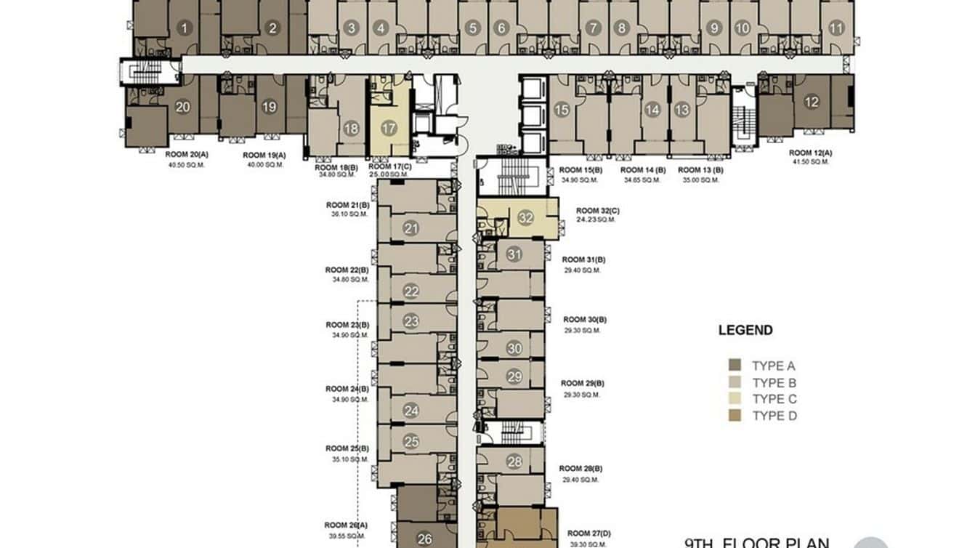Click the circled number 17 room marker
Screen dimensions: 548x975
pyautogui.click(x=389, y=129)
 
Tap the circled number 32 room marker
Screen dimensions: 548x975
pyautogui.click(x=526, y=217)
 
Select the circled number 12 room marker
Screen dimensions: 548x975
pyautogui.click(x=811, y=102)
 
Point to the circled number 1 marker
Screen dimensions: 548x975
pyautogui.click(x=185, y=29)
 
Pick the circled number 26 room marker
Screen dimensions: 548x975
pyautogui.click(x=426, y=539)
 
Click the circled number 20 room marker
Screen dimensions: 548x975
pyautogui.click(x=183, y=107)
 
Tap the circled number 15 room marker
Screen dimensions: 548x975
pyautogui.click(x=562, y=110)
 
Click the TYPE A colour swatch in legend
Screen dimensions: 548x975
pyautogui.click(x=735, y=366)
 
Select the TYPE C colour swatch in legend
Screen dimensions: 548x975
pyautogui.click(x=735, y=399)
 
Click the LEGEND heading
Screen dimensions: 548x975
pyautogui.click(x=745, y=330)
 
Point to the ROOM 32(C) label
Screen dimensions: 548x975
pyautogui.click(x=597, y=210)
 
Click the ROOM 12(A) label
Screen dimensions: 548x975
pyautogui.click(x=810, y=153)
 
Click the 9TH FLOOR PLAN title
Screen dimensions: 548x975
pyautogui.click(x=756, y=542)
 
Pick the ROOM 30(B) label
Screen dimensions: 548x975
pyautogui.click(x=584, y=320)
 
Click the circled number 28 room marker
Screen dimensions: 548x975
pyautogui.click(x=514, y=462)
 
